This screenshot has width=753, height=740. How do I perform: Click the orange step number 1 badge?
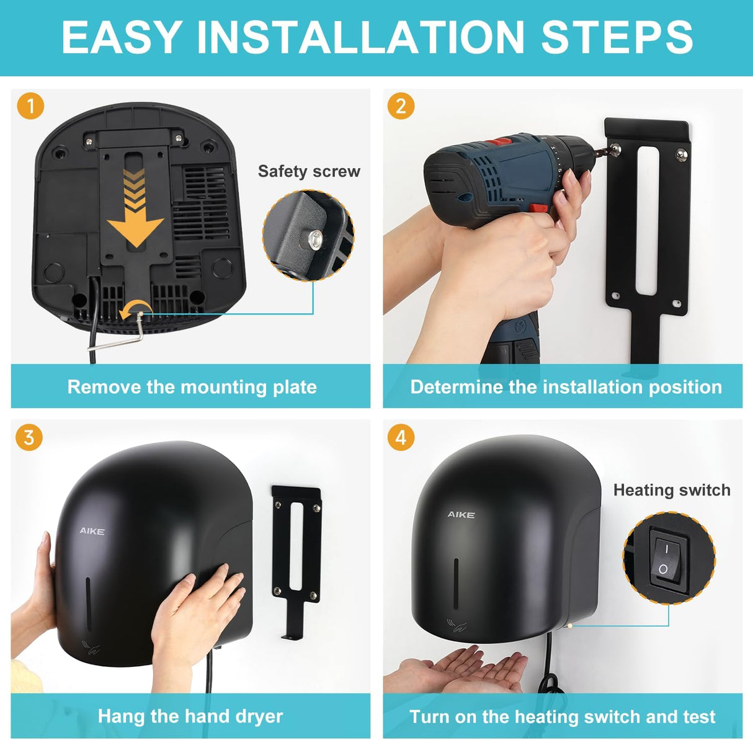click(30, 106)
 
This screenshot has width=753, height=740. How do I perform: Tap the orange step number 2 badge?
click(401, 106)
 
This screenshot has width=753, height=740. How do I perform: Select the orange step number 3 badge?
click(29, 438)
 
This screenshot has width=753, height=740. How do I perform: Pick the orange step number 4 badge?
click(401, 438)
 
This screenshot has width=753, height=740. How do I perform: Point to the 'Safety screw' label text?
click(309, 171)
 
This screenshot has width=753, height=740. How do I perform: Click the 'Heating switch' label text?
click(671, 490)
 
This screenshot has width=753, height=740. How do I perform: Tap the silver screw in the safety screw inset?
click(316, 236)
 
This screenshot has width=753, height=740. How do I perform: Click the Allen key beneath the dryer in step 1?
click(140, 329)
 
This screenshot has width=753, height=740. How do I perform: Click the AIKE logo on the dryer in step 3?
click(92, 531)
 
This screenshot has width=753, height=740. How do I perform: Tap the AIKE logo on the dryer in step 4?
click(461, 515)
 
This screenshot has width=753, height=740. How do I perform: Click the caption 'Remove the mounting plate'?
click(192, 387)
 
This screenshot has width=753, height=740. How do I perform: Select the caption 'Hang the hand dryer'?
click(190, 716)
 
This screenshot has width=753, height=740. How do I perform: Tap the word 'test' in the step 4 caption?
click(698, 717)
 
